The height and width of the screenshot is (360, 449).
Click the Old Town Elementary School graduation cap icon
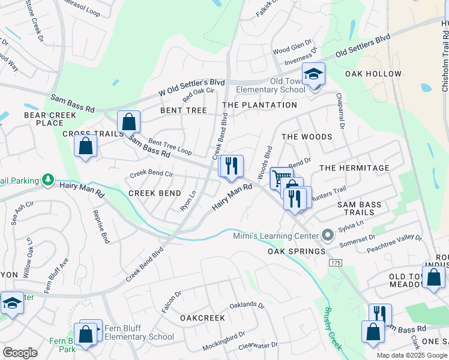313,74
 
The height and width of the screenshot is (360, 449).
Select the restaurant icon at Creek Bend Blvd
231,166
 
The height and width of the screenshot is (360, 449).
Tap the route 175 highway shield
335,263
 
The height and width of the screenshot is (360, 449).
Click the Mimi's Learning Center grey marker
328,235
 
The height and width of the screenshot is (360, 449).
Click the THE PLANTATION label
259,105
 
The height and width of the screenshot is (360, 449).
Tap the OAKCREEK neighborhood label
202,317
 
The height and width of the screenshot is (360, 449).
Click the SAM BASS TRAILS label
360,209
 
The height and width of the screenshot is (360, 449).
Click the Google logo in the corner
20,352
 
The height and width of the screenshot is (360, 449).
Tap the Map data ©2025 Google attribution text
412,355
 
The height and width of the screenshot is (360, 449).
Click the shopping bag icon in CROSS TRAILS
86,146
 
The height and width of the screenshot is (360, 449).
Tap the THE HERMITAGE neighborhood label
354,168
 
